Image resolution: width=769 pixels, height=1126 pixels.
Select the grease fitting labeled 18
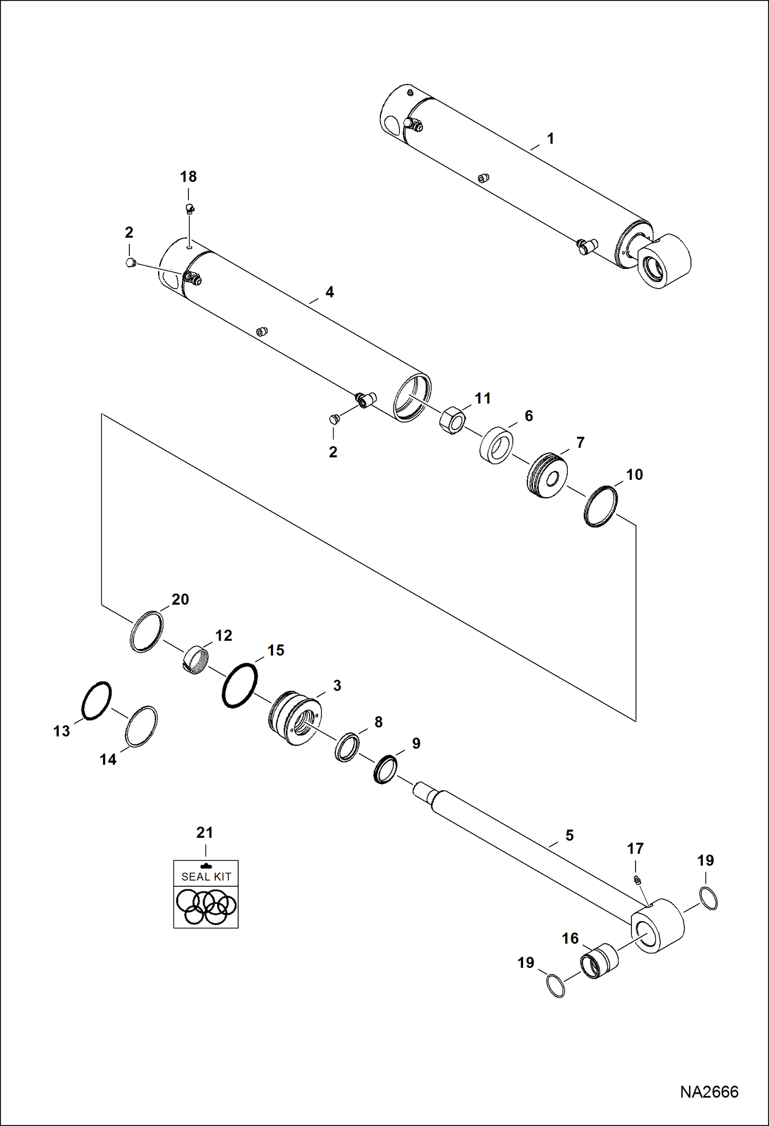pos(189,208)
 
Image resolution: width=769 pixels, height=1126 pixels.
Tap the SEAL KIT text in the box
pos(206,877)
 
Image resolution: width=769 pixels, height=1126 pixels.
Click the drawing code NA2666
pos(709,1092)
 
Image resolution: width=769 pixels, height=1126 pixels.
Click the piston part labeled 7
pos(547,475)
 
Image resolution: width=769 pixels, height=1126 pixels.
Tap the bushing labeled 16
pos(599,960)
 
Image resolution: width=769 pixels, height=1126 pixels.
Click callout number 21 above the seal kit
pos(204,832)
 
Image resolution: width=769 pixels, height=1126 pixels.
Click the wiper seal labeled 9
pos(385,769)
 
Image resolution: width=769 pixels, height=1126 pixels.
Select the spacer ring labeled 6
pos(496,445)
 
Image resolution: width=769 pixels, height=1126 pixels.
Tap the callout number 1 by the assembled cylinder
pos(550,139)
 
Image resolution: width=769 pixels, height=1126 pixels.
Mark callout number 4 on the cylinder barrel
pos(330,292)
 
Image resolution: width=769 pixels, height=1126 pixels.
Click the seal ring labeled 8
pos(347,748)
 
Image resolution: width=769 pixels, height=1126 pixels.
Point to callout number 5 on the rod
pos(569,835)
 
